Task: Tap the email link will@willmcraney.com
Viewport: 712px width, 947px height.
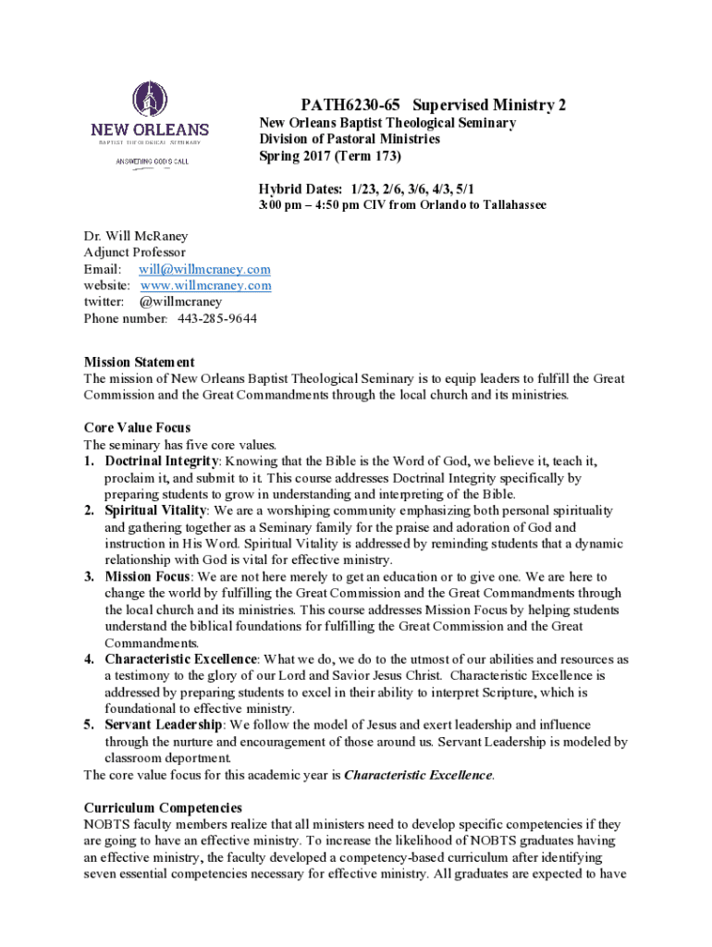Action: pos(204,269)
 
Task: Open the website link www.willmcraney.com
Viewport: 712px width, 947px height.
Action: pos(205,286)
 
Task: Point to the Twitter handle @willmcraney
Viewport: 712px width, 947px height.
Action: pos(180,301)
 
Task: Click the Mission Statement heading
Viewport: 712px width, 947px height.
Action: pos(139,362)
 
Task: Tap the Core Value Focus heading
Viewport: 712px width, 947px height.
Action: pos(137,427)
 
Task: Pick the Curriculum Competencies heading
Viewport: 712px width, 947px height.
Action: pos(163,807)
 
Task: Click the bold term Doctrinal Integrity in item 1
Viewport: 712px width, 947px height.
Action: pos(162,461)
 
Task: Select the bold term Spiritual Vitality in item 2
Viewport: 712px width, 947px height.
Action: pos(156,510)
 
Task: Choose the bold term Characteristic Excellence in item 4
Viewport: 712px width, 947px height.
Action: pos(181,659)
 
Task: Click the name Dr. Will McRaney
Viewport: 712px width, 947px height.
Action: pos(135,236)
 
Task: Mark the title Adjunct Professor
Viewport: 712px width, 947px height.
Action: pos(134,252)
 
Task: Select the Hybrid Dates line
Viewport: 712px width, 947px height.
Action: pos(367,188)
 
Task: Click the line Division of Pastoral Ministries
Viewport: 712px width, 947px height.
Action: pos(349,139)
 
